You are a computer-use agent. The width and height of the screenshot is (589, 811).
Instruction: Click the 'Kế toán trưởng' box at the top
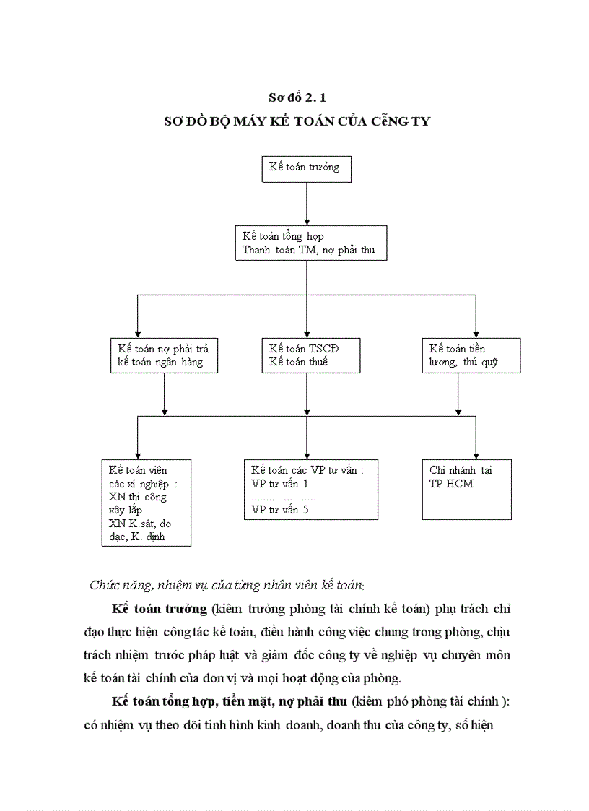(x=306, y=168)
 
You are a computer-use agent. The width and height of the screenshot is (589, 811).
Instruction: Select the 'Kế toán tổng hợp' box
(x=310, y=243)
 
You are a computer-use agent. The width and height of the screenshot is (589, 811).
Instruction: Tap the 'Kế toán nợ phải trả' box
(x=165, y=355)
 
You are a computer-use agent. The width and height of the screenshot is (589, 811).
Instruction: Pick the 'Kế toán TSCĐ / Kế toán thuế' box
(x=307, y=355)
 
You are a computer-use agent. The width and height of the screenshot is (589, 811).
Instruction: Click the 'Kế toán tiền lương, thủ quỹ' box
(x=471, y=355)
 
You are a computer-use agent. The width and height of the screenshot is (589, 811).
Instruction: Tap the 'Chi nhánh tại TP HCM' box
(x=467, y=489)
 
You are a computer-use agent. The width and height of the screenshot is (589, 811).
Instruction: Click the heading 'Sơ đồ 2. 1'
(x=297, y=97)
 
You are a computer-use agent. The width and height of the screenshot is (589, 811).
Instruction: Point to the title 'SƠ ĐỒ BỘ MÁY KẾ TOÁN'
(x=297, y=121)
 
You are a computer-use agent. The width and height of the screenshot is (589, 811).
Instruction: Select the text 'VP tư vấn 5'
(x=280, y=510)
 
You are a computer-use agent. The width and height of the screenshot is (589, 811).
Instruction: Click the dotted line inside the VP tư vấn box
(x=283, y=498)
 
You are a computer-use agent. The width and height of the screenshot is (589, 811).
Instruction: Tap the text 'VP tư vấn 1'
(x=279, y=483)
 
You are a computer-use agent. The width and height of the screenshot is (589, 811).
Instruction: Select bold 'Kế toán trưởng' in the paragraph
(x=159, y=608)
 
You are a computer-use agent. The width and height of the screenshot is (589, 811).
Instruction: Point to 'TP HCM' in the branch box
(x=451, y=483)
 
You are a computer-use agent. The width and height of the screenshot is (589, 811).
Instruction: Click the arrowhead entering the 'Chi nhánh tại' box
(x=476, y=453)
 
